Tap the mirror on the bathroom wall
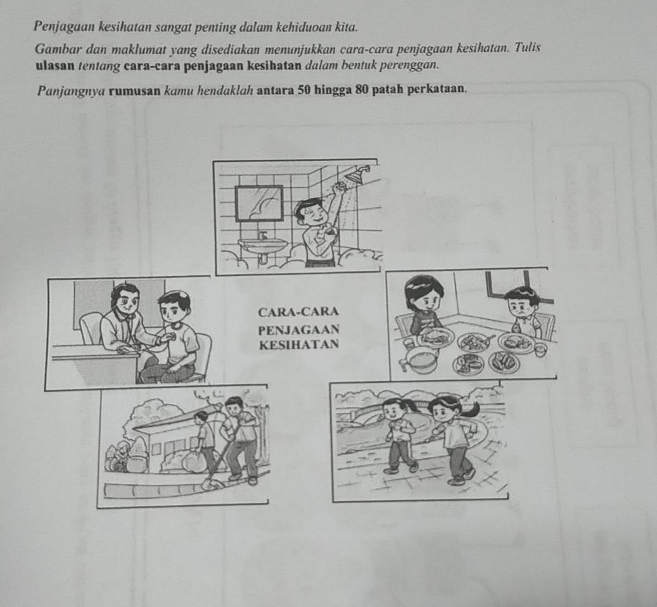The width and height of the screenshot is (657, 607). coord(259,203)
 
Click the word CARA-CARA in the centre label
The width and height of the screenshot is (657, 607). coord(298,312)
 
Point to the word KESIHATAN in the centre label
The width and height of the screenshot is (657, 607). coord(299,344)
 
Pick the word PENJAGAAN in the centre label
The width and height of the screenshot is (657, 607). coord(299,330)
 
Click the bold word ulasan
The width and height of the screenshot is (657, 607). coord(55,66)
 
